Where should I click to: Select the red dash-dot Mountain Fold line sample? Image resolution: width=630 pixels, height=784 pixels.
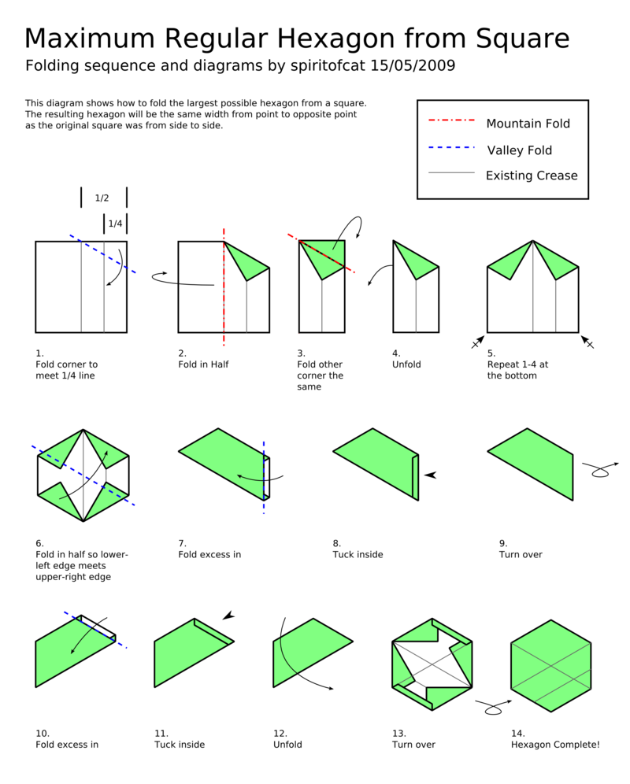point(451,121)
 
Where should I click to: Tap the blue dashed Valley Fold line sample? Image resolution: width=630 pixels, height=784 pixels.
point(451,147)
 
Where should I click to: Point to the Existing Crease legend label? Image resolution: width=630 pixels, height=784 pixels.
point(532,176)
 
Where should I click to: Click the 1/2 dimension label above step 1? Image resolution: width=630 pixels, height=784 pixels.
point(102,198)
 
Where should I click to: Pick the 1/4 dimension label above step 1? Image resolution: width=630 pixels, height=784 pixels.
point(115,224)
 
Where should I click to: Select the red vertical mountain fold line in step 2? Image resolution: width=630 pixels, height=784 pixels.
point(224,315)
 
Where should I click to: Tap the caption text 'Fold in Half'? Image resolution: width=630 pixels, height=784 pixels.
point(203,364)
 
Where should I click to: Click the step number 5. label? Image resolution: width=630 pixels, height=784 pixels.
point(491,353)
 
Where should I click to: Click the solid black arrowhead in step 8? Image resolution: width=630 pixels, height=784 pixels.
point(429,475)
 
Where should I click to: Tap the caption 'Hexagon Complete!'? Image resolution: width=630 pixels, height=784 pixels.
point(555,744)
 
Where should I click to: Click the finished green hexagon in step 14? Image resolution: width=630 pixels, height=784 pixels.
point(551,665)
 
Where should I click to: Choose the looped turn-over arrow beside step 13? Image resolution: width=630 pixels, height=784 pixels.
point(491,708)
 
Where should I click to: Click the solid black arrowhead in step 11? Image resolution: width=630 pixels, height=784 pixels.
point(228,616)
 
